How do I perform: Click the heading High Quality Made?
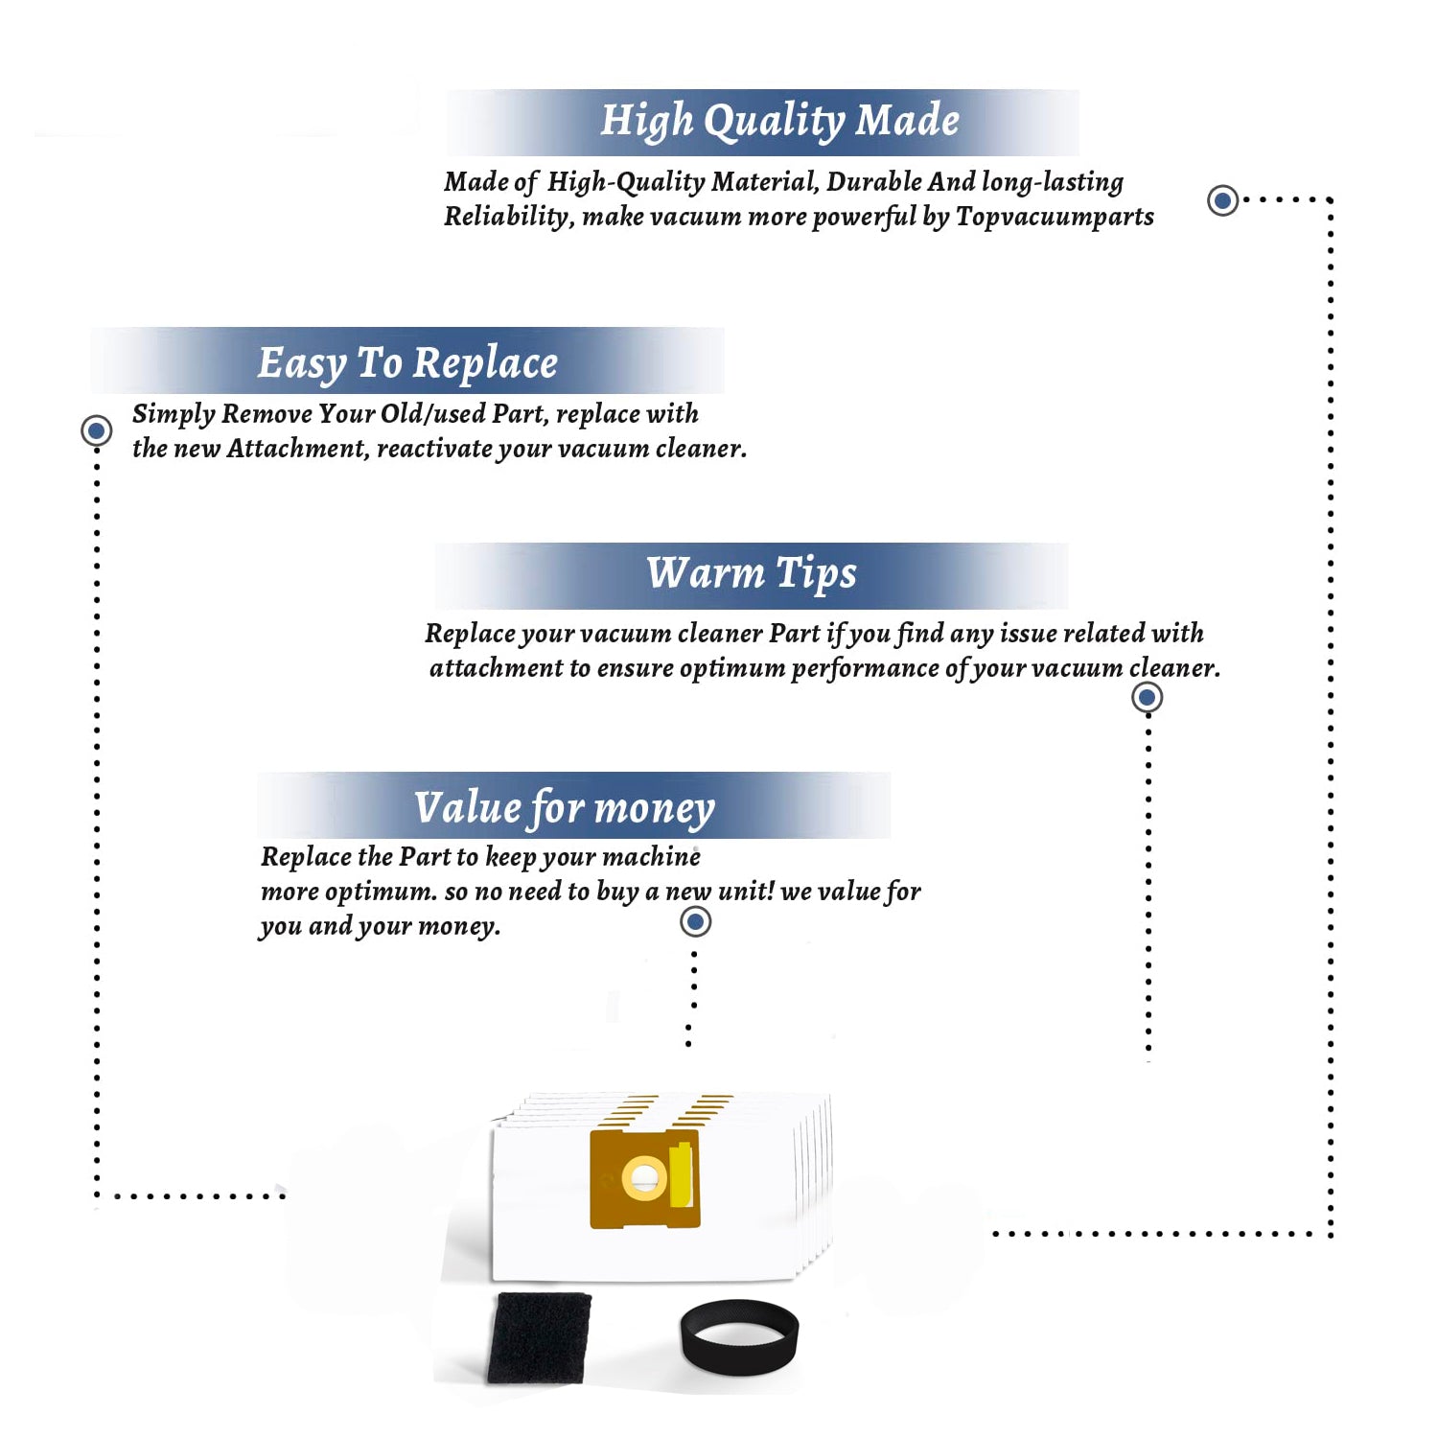[x=779, y=122]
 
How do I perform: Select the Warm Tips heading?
[x=752, y=573]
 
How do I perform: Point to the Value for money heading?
[x=565, y=808]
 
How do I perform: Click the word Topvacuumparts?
[x=1055, y=218]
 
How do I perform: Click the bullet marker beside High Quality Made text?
[x=1222, y=200]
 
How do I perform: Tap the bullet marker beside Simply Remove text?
[x=96, y=430]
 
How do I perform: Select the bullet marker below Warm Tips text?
[x=1148, y=697]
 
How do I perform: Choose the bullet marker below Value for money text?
[x=695, y=922]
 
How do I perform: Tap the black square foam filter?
[x=539, y=1338]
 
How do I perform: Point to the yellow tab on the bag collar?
[x=682, y=1175]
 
